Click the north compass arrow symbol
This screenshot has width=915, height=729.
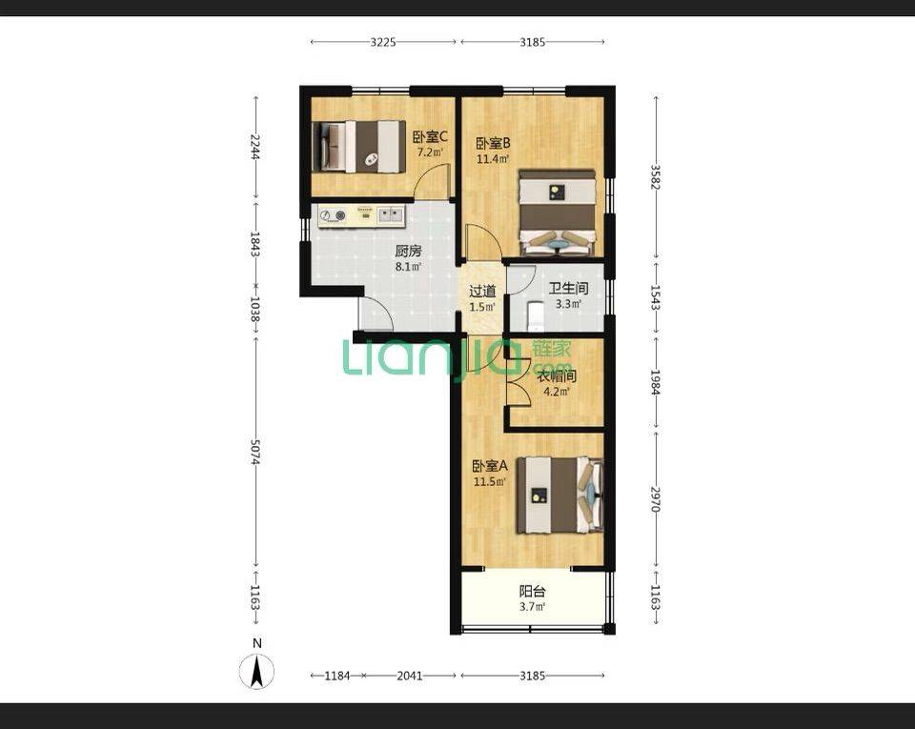[256, 671]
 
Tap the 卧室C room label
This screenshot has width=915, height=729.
[430, 137]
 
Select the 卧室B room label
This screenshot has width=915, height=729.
[493, 143]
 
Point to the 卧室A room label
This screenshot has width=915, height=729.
[490, 466]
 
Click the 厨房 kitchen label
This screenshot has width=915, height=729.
[408, 252]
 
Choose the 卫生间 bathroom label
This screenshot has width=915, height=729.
[568, 288]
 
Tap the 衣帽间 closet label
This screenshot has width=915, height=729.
[556, 376]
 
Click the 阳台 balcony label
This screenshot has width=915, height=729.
[532, 592]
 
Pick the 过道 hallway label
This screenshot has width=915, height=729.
[482, 291]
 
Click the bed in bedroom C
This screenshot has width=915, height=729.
[358, 147]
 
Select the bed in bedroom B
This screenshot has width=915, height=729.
[557, 213]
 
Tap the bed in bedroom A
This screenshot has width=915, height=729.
[559, 496]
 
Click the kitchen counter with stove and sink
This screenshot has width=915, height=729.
[361, 215]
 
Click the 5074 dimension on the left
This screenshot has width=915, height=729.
[255, 452]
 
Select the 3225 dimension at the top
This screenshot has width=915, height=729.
[383, 41]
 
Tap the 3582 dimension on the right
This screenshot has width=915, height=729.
[656, 177]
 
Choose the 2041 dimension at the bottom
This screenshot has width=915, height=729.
[410, 676]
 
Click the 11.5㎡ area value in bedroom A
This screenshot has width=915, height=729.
[489, 482]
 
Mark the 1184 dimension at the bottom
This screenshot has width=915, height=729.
[337, 676]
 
